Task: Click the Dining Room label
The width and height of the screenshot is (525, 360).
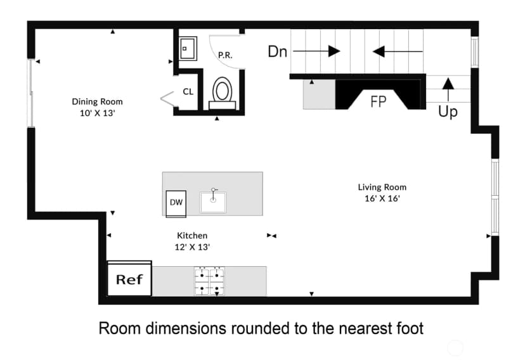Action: pos(97,101)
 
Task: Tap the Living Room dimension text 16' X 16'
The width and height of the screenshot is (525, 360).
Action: pos(382,198)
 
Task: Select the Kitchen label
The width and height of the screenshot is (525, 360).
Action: pos(192,236)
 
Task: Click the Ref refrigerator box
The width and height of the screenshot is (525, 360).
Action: pos(129,278)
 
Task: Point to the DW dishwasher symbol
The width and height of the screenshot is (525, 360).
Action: pos(176,203)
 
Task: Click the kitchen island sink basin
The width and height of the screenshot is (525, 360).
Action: pos(213,202)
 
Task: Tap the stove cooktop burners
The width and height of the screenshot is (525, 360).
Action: pos(210,281)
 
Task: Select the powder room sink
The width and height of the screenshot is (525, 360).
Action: pos(188,49)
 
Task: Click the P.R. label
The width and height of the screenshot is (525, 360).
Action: pos(225,55)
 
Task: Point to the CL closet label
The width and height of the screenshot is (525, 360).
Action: pos(188,91)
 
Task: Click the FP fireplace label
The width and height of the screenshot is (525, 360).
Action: pos(379,101)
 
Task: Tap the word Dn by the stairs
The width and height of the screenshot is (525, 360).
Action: pos(278,51)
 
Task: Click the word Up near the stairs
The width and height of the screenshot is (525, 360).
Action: pos(448,112)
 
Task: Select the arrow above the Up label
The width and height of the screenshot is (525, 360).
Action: pos(448,89)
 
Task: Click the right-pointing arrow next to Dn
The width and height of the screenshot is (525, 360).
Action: pos(317,51)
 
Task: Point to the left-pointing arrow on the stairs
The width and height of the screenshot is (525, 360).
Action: pos(398,51)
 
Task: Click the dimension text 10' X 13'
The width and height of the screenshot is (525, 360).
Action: pos(97,113)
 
